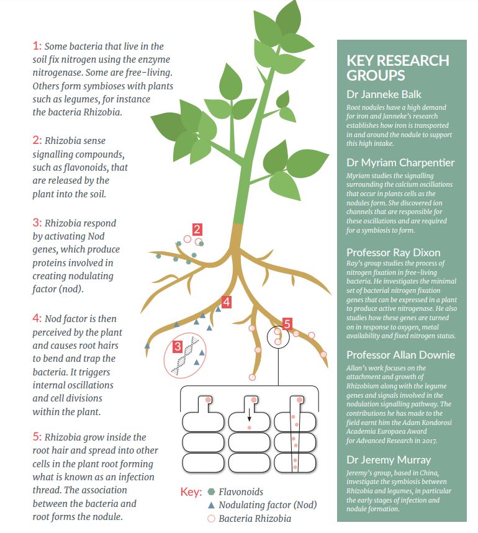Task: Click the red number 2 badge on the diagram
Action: click(197, 230)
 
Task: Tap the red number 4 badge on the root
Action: click(227, 302)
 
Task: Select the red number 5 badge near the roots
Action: click(287, 325)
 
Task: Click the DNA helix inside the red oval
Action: click(186, 356)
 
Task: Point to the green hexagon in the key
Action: click(211, 491)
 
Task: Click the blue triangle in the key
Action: click(211, 505)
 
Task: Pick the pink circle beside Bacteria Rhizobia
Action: click(211, 518)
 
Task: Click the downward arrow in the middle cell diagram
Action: click(249, 414)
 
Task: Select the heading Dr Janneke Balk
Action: click(384, 94)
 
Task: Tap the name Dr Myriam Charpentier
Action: click(400, 163)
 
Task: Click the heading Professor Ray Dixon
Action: click(394, 253)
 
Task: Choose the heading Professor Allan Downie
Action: click(400, 355)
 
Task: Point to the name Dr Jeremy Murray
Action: click(389, 460)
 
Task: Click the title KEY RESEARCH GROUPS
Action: click(398, 68)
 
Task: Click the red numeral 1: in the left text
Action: click(37, 46)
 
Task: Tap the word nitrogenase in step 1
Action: click(57, 73)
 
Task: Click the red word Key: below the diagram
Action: click(191, 492)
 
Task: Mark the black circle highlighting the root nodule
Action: click(278, 337)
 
